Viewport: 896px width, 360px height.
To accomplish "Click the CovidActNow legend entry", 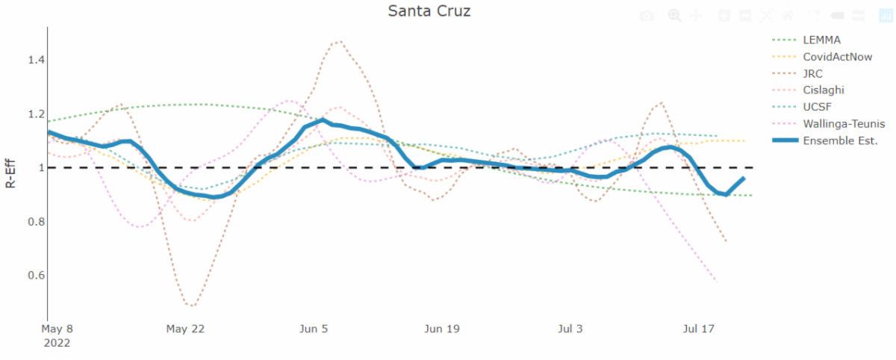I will tap(837, 57).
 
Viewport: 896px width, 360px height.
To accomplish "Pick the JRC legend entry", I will tap(814, 73).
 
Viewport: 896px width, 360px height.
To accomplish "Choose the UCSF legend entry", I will tap(818, 107).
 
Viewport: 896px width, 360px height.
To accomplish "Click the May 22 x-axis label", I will tap(185, 329).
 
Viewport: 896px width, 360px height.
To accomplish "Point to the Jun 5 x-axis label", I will tap(314, 329).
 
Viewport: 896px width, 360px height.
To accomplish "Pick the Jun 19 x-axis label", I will tap(442, 329).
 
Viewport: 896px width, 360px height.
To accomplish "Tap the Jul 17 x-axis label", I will tap(700, 329).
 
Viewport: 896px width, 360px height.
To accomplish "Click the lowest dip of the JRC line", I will tap(192, 305).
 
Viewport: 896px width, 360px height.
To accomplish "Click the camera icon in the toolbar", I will tap(648, 15).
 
